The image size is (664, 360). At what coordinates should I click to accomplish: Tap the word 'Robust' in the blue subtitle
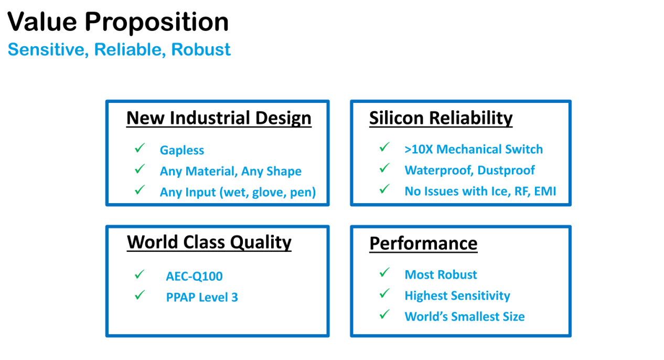click(201, 49)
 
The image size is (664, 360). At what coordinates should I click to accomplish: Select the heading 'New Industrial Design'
click(219, 118)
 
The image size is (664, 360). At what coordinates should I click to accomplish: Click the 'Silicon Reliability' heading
click(441, 118)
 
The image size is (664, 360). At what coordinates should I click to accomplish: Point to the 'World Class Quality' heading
click(209, 243)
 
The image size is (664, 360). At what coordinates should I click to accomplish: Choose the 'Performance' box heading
click(423, 243)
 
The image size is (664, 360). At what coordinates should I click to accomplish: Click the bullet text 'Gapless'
click(181, 150)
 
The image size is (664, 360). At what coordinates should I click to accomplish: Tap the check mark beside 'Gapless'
click(140, 147)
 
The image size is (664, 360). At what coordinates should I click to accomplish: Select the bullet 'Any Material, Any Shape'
click(230, 172)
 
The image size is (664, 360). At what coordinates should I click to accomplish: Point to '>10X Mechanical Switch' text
click(474, 149)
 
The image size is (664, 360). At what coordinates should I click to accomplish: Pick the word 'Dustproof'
click(506, 170)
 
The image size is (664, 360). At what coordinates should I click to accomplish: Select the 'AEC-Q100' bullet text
click(194, 277)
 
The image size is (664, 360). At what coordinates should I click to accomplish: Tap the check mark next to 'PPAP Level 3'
click(140, 295)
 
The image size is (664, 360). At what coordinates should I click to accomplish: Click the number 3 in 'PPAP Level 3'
click(234, 298)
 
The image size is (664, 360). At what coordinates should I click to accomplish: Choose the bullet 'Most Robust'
click(441, 274)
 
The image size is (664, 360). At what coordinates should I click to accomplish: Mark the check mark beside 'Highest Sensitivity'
click(384, 293)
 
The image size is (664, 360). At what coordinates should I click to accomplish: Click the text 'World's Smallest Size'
click(465, 316)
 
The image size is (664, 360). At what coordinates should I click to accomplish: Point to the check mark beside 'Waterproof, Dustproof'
click(384, 168)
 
